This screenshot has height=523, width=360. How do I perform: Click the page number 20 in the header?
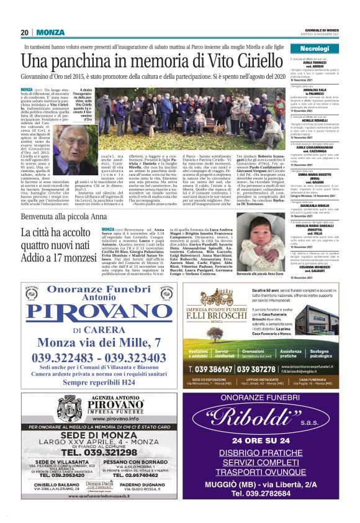click(x=25, y=32)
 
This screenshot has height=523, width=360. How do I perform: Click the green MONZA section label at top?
click(x=50, y=32)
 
